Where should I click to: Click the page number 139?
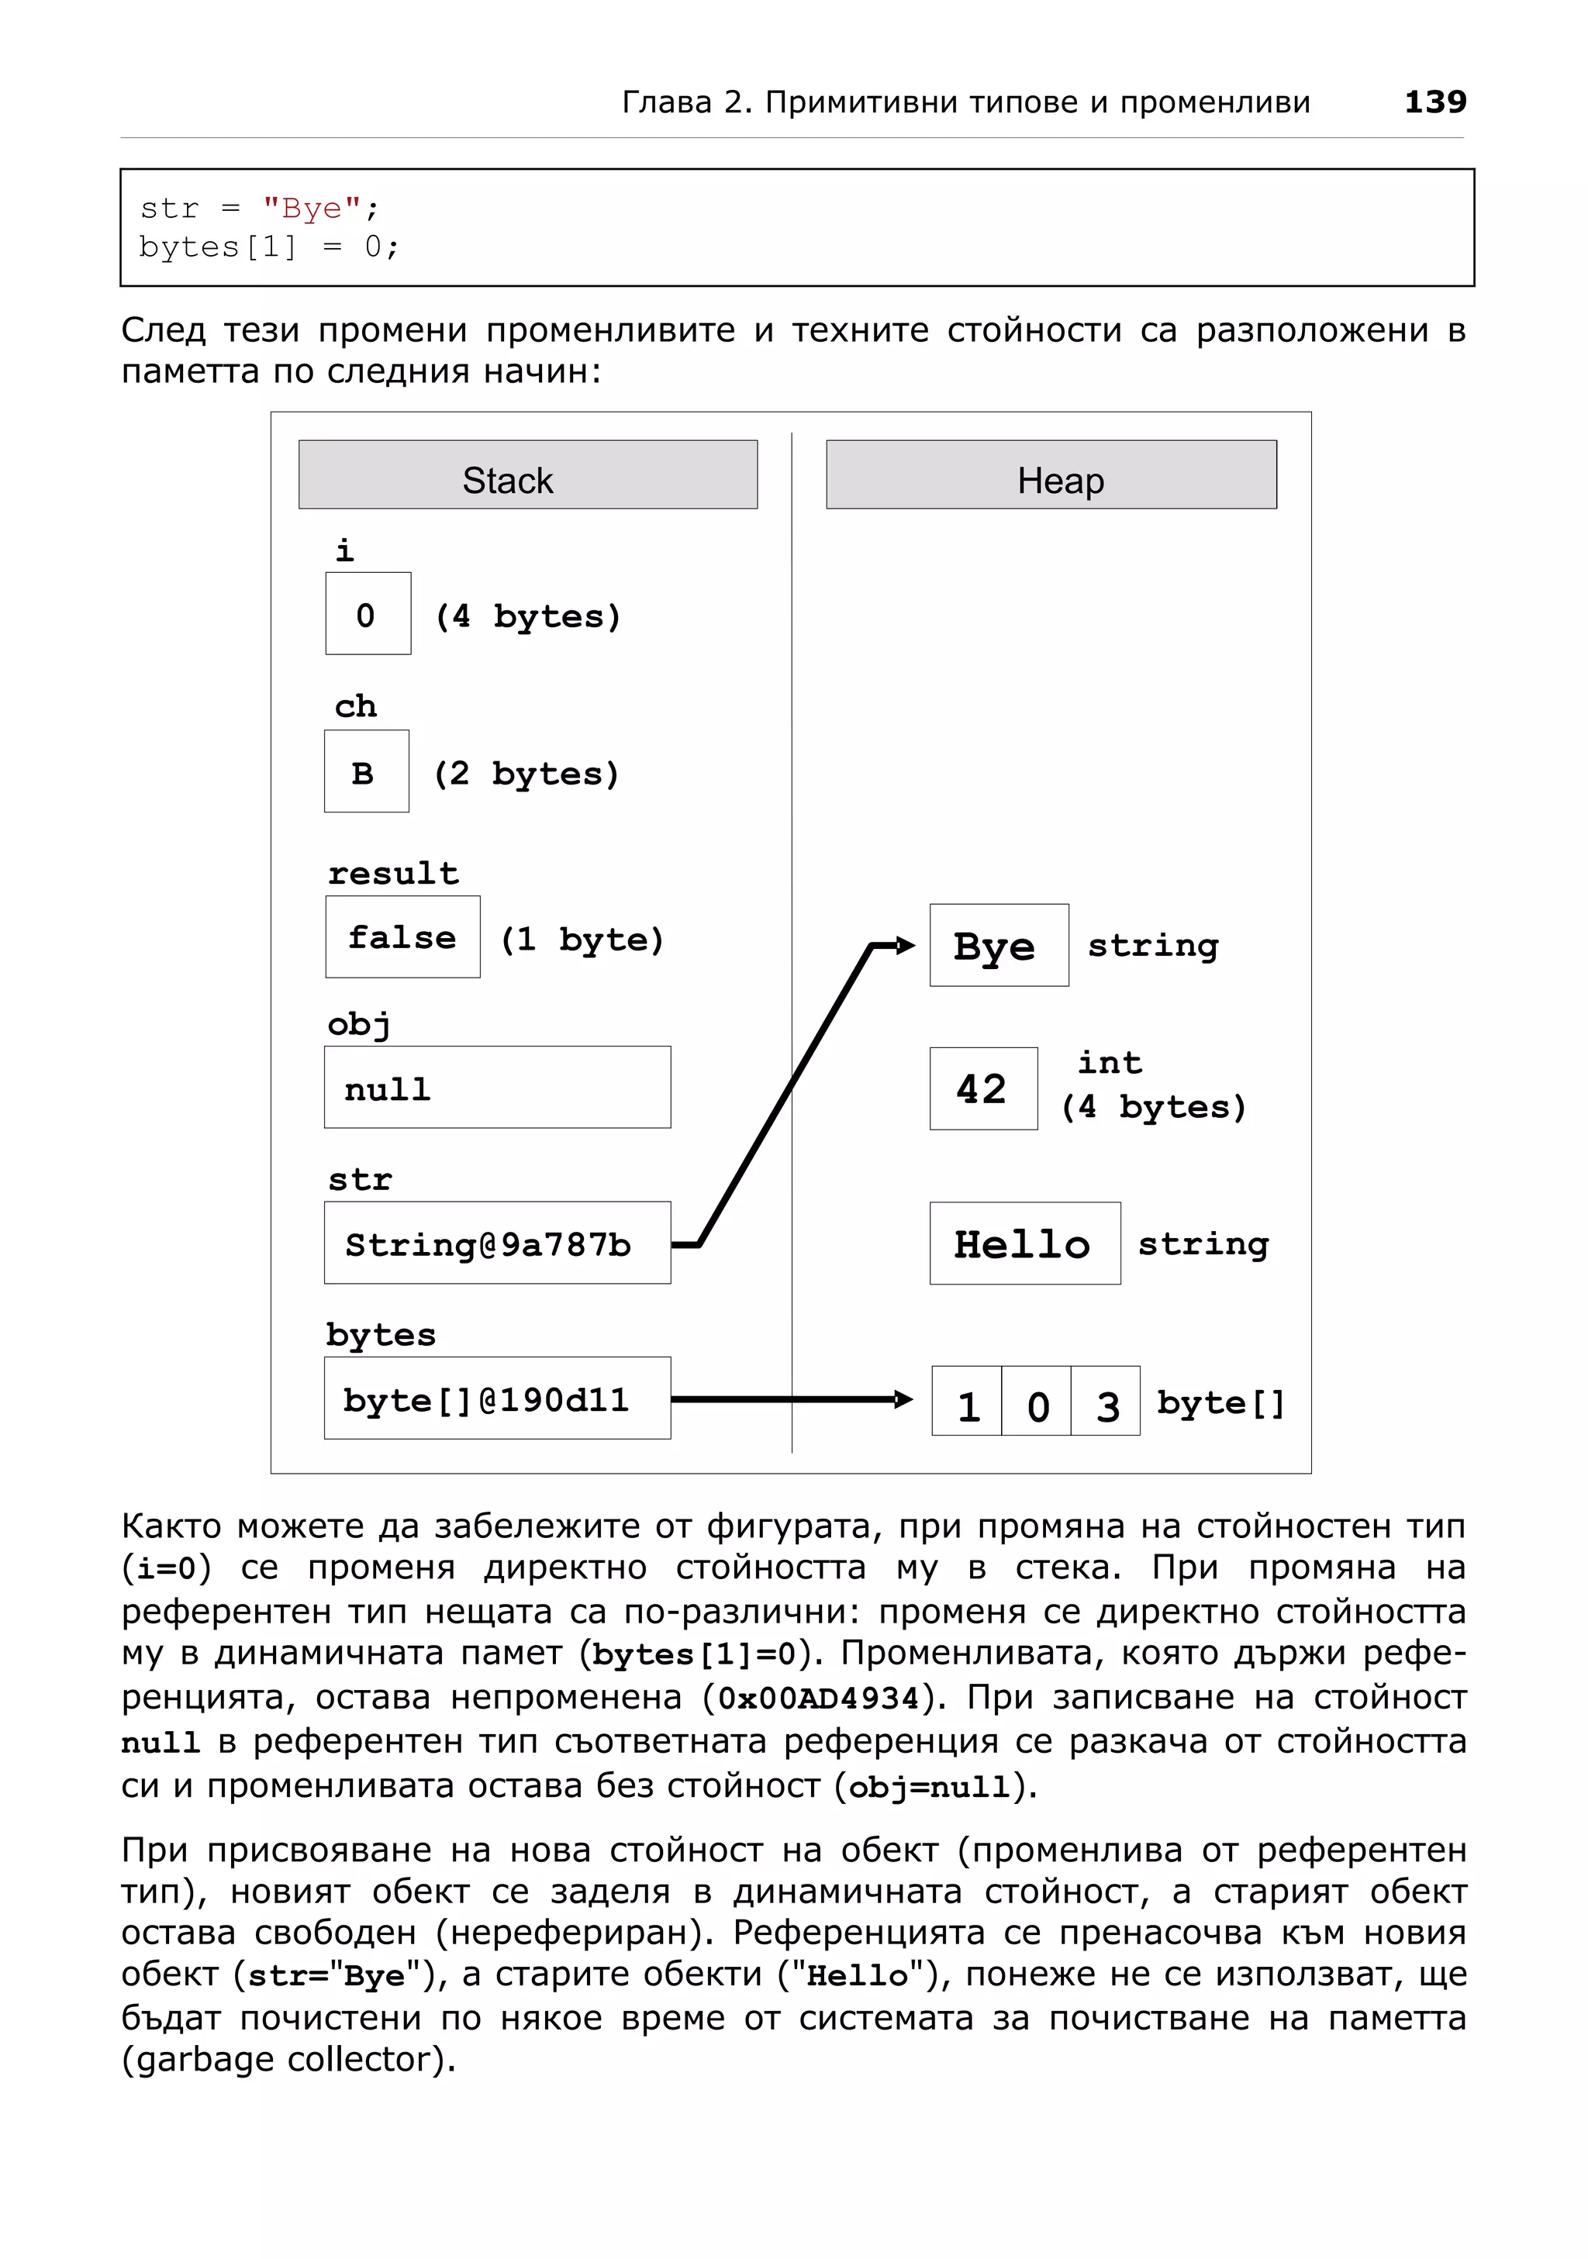point(1434,102)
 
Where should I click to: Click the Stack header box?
point(527,474)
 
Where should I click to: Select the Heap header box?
point(1050,474)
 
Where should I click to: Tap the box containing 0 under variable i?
point(368,613)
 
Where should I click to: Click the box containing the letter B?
point(366,771)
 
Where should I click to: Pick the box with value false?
point(402,936)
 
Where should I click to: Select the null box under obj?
point(497,1087)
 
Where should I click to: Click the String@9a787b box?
point(497,1243)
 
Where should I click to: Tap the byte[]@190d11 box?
point(497,1398)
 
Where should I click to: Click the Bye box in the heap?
point(998,944)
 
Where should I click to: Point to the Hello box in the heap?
point(1024,1243)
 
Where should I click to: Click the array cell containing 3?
point(1106,1401)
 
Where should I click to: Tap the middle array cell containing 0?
point(1036,1401)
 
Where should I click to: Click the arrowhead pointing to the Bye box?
point(906,946)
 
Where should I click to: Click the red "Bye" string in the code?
point(312,208)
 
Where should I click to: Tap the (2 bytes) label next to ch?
point(526,774)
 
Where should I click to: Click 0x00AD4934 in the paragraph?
point(817,1697)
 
